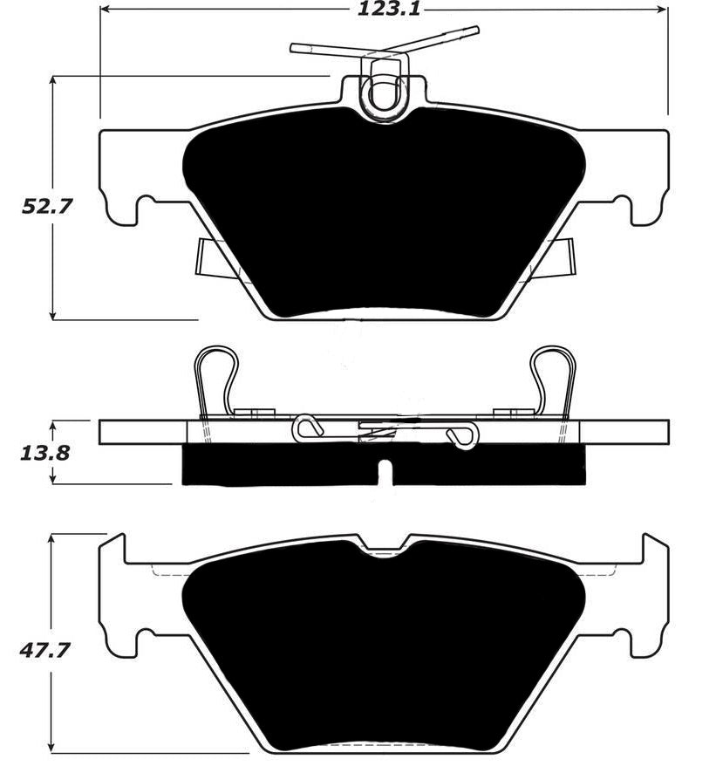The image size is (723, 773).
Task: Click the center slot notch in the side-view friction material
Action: (x=384, y=472)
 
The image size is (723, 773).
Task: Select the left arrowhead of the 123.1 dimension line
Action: (x=105, y=10)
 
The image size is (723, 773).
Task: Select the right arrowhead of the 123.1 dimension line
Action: (x=663, y=10)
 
